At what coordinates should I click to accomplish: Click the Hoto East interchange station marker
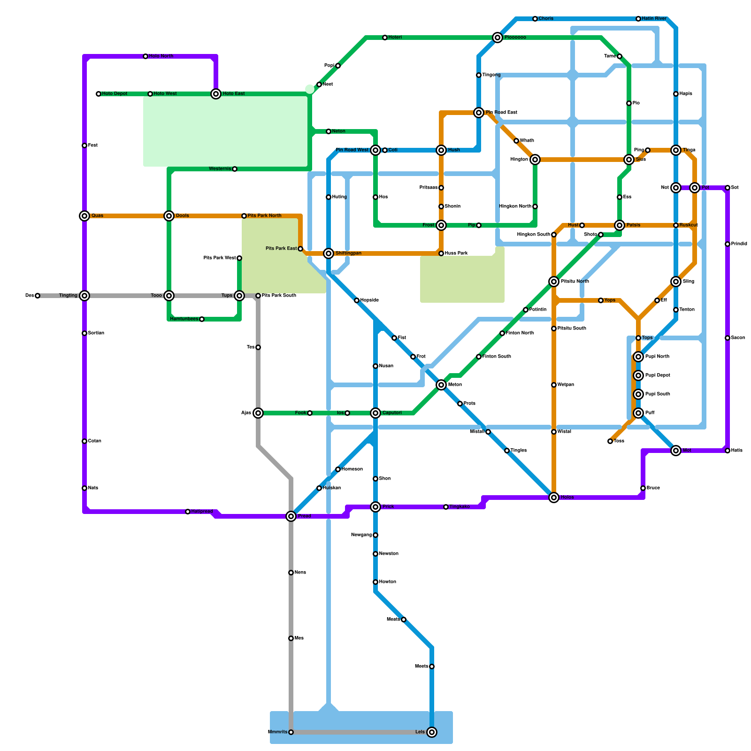216,94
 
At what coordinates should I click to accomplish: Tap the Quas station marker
84,216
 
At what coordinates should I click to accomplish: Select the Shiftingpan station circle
329,253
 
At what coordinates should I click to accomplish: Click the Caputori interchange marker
375,413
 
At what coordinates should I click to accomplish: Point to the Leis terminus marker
432,732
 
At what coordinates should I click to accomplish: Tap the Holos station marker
554,498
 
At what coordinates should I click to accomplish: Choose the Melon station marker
441,385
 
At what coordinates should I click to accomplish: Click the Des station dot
38,296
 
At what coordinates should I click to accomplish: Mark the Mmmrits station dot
291,732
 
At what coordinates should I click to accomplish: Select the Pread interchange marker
291,516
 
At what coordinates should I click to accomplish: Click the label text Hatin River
654,19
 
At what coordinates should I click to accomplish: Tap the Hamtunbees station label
184,319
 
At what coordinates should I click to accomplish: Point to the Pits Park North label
264,216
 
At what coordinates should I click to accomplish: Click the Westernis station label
220,169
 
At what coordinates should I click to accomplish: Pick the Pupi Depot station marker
638,375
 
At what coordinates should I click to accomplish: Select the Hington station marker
535,160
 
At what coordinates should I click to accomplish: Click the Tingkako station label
460,507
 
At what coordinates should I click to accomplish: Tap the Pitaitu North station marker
554,282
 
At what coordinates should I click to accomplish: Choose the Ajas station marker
258,413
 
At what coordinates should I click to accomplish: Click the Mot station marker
676,451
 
